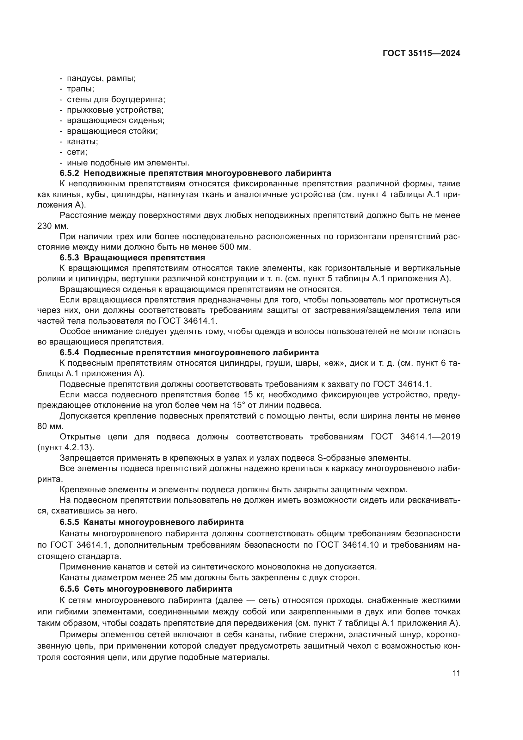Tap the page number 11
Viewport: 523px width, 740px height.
[x=456, y=673]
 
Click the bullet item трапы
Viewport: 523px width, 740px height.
[x=81, y=89]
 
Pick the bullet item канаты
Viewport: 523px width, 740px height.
[x=83, y=141]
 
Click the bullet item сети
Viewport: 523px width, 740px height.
[x=77, y=152]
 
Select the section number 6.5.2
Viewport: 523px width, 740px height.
[x=69, y=173]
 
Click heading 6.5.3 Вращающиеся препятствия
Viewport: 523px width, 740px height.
[x=132, y=258]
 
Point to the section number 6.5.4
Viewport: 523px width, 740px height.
[x=69, y=352]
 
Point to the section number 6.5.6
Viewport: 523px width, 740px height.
[x=69, y=589]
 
